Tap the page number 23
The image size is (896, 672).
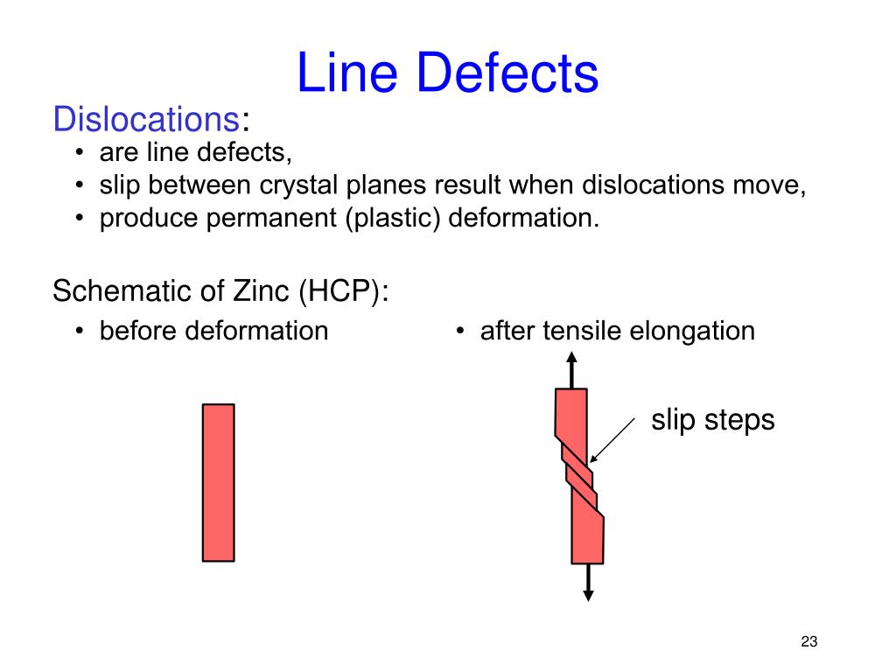(x=808, y=643)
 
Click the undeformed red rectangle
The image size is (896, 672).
(x=218, y=482)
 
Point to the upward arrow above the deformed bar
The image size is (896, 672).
(x=571, y=367)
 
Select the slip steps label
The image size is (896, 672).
(x=712, y=420)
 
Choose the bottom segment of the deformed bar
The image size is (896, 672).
(x=587, y=538)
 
